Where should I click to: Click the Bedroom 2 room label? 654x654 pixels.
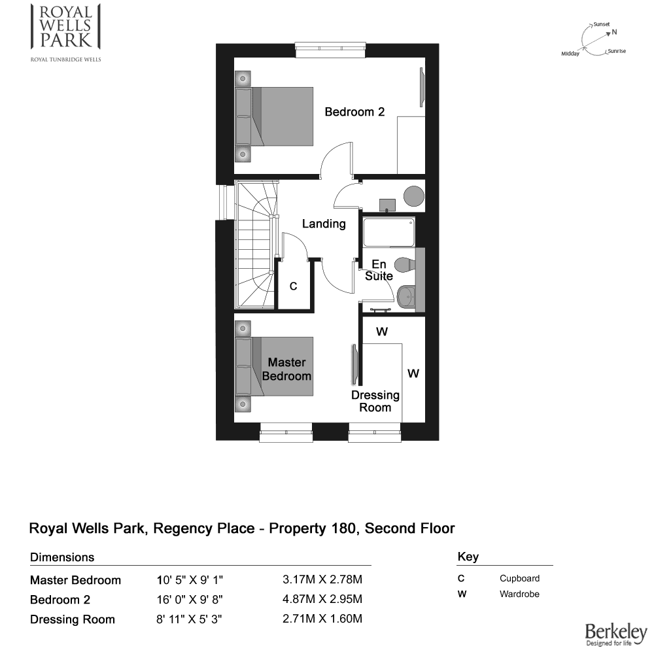354,112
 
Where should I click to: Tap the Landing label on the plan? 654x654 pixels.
324,224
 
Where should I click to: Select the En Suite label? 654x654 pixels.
379,270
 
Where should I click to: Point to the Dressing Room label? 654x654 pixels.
375,402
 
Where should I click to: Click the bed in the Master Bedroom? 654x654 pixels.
274,366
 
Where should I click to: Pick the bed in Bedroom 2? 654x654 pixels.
274,116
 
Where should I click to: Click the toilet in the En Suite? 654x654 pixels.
405,264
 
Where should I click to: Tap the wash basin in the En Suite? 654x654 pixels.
406,296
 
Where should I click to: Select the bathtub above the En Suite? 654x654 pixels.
388,232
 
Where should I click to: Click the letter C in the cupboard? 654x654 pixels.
293,286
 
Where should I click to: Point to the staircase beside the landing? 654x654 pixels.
256,245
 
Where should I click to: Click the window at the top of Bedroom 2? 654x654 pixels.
330,50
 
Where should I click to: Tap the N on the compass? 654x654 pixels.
614,32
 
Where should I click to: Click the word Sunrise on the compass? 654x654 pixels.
617,51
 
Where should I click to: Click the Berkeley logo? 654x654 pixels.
616,634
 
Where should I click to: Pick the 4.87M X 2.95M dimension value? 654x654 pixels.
322,599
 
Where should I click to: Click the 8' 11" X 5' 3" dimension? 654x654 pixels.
189,619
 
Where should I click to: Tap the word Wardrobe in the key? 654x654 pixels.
519,594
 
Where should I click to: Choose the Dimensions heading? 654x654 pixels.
62,557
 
